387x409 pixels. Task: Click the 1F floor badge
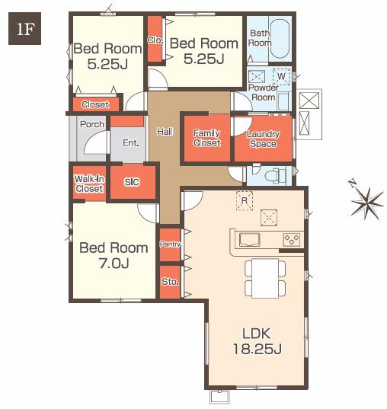click(25, 28)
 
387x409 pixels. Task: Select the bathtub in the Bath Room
click(280, 40)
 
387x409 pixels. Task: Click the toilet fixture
click(275, 175)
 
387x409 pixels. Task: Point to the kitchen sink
click(250, 240)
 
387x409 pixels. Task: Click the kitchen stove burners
click(292, 240)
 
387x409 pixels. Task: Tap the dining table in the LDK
click(265, 278)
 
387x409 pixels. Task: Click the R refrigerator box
click(245, 200)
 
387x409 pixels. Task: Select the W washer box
click(281, 76)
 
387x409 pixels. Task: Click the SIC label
click(132, 182)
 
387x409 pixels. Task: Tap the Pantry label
click(170, 244)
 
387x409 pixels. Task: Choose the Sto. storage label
click(170, 282)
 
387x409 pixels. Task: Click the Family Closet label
click(207, 138)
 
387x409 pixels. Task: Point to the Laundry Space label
click(263, 139)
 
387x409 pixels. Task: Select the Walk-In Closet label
click(89, 184)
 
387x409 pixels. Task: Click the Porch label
click(92, 124)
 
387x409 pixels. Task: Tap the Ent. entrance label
click(131, 143)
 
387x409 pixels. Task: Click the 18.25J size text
click(257, 349)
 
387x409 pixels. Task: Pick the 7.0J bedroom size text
click(114, 264)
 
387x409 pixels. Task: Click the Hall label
click(165, 132)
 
